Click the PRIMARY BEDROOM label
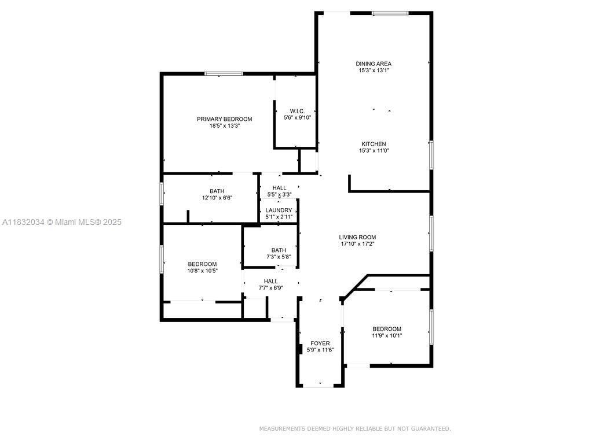pyautogui.click(x=224, y=119)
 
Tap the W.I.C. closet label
pyautogui.click(x=297, y=111)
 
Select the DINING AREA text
pyautogui.click(x=374, y=64)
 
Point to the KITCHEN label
pyautogui.click(x=374, y=144)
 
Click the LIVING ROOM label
pyautogui.click(x=357, y=237)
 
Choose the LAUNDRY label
pyautogui.click(x=279, y=210)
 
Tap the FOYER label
pyautogui.click(x=320, y=343)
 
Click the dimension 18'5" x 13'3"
pyautogui.click(x=225, y=125)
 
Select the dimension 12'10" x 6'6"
pyautogui.click(x=217, y=198)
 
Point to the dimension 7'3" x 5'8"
pyautogui.click(x=279, y=257)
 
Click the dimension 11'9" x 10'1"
pyautogui.click(x=387, y=335)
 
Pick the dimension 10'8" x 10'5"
pyautogui.click(x=202, y=271)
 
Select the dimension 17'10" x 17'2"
pyautogui.click(x=358, y=244)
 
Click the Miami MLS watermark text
pyautogui.click(x=61, y=222)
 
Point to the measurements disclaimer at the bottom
pyautogui.click(x=355, y=428)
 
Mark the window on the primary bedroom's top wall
pyautogui.click(x=224, y=73)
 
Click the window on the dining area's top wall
pyautogui.click(x=390, y=13)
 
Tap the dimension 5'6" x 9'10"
pyautogui.click(x=297, y=118)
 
